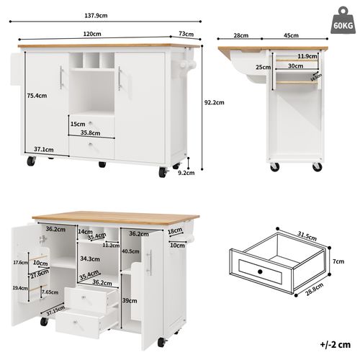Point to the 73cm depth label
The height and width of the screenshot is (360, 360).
pos(186,34)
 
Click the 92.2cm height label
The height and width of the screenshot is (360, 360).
pos(214,102)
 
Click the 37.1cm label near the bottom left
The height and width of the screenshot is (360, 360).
pos(43,150)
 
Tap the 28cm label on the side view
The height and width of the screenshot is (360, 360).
pos(240,35)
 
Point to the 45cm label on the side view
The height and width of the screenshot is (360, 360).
pos(292,35)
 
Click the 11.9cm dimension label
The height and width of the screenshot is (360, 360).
pos(307,55)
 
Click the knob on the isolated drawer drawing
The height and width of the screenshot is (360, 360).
pos(259,270)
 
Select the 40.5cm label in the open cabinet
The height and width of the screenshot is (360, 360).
pos(130,251)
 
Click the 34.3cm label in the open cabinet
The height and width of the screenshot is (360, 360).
pos(90,258)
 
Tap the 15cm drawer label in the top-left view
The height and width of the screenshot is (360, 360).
pos(78,124)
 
